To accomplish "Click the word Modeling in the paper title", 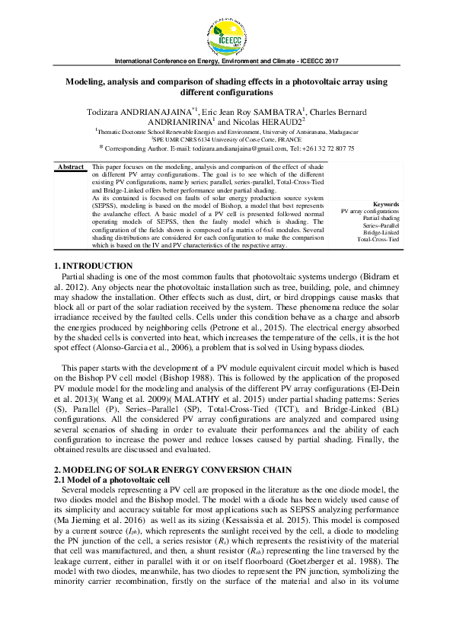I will click(x=87, y=81).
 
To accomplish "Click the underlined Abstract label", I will click(x=71, y=166).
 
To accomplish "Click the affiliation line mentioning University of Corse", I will click(x=226, y=140).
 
